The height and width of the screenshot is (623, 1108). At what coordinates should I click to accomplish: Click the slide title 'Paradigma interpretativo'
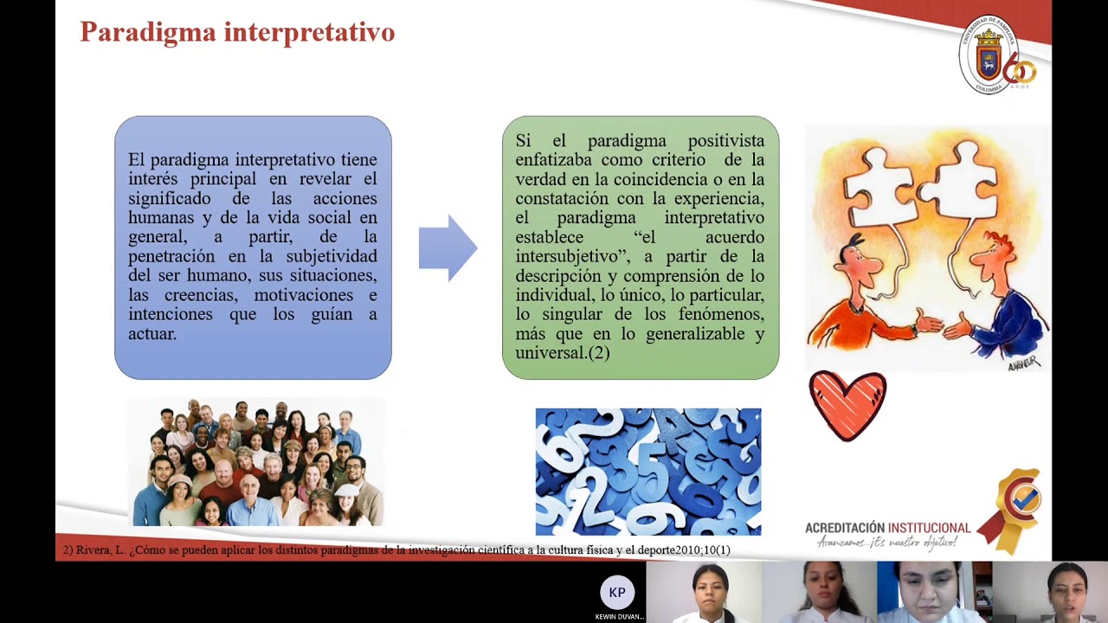click(237, 32)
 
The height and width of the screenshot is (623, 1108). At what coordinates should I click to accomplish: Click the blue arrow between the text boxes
click(448, 248)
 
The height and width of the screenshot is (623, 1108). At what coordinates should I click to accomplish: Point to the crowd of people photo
click(256, 463)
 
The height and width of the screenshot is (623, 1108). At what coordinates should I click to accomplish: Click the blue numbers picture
click(648, 472)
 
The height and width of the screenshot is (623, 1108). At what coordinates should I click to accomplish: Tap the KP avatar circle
click(617, 593)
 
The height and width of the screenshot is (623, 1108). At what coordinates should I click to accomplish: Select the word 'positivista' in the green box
click(725, 141)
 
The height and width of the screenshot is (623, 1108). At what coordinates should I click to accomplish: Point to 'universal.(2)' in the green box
click(563, 353)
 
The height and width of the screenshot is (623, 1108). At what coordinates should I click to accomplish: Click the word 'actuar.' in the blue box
click(152, 333)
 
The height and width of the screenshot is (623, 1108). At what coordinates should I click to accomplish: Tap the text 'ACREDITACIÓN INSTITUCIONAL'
click(887, 528)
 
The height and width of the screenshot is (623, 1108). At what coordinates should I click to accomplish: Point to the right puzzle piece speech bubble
click(960, 180)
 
